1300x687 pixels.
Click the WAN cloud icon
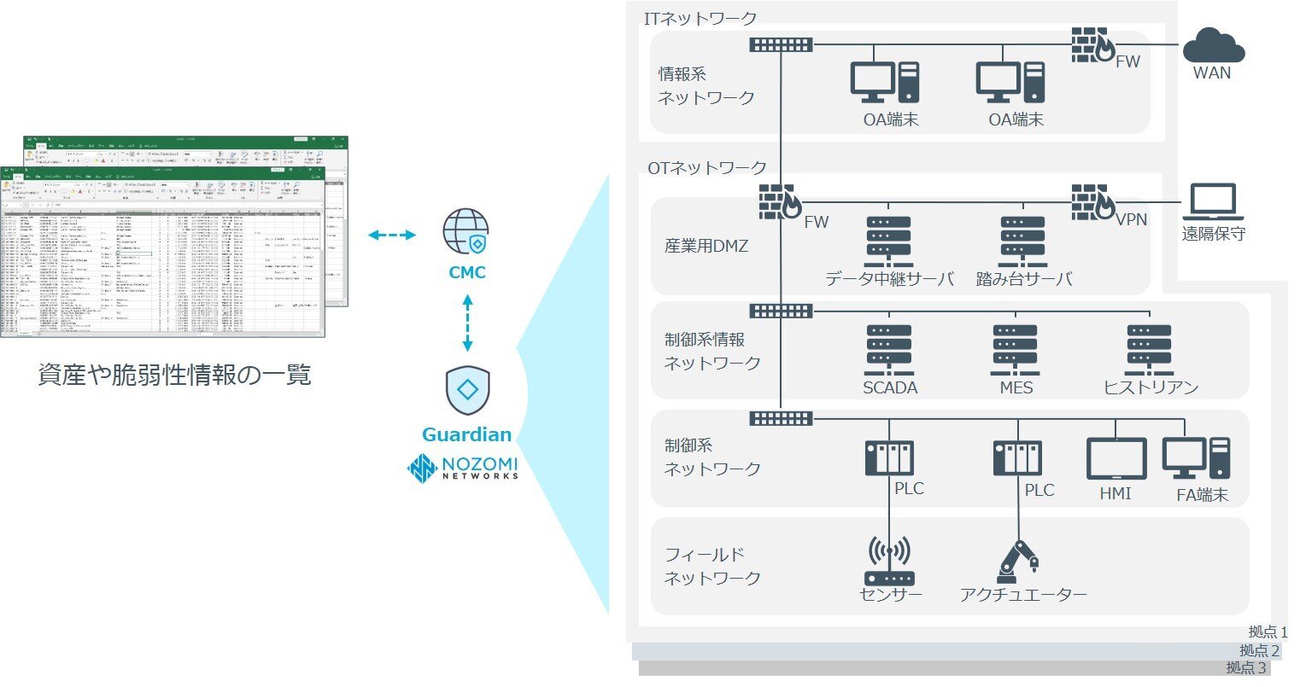coord(1213,44)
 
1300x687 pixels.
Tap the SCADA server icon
coord(889,350)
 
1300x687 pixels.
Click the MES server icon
coord(1015,350)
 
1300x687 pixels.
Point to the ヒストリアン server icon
coord(1150,350)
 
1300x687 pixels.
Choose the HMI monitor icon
coord(1116,459)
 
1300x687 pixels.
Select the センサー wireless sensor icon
coord(889,562)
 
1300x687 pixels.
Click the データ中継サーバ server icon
coord(889,242)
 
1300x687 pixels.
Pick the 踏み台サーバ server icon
coord(1023,242)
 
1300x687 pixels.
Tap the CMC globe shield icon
coord(466,232)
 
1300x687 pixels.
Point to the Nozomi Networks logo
coord(463,469)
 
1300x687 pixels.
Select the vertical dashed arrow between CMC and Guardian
coord(467,323)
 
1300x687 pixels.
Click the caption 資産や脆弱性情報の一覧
coord(174,375)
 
